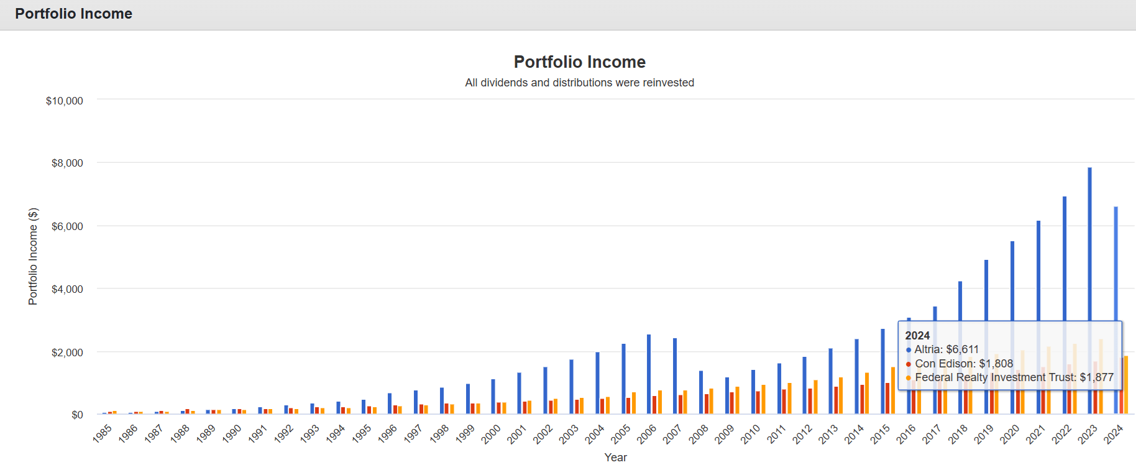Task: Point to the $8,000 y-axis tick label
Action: click(67, 163)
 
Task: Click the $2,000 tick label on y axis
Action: click(67, 352)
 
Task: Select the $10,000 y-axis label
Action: click(65, 101)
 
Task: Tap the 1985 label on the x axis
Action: click(103, 433)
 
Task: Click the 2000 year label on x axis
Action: click(491, 433)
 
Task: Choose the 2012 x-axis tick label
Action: click(802, 433)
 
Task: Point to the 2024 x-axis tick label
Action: click(1113, 433)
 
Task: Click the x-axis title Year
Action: click(615, 457)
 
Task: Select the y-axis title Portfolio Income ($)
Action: click(33, 256)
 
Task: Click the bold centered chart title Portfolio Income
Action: click(579, 62)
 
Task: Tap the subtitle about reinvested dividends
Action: click(579, 83)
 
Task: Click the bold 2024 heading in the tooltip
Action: click(917, 335)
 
